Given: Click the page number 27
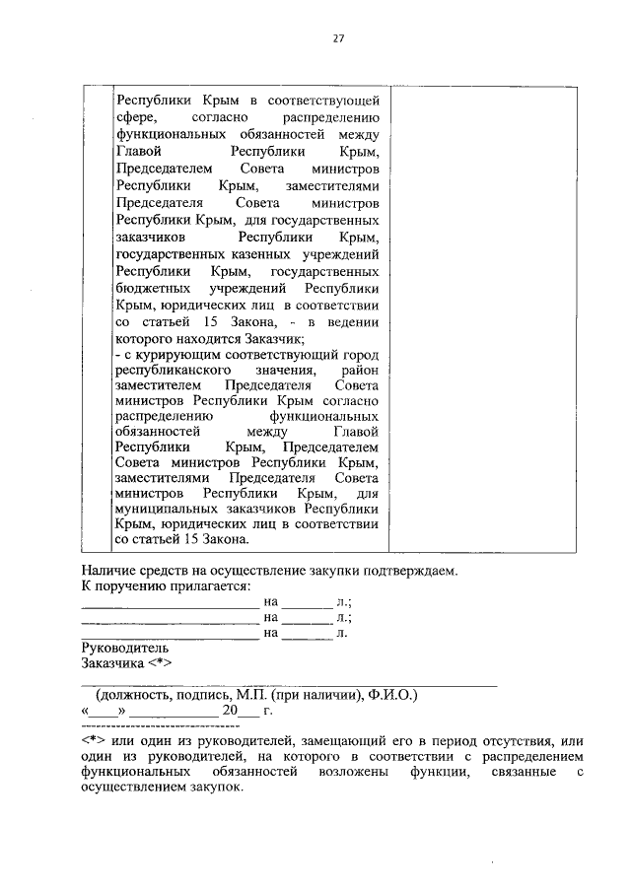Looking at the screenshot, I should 337,38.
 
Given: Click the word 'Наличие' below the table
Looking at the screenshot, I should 107,571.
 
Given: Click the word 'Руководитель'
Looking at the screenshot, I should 124,649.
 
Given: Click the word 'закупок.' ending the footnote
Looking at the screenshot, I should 215,789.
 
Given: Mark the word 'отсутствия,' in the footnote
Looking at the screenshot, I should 511,741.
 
